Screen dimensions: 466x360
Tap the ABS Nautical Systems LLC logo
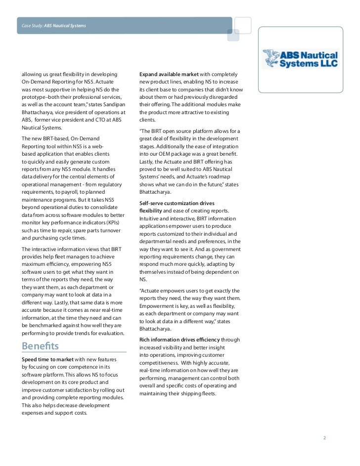[299, 59]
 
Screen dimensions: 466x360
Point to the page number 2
[325, 437]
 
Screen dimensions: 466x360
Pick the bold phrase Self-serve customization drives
[177, 203]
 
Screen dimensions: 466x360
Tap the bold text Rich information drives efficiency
[180, 339]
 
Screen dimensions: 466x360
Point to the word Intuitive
[151, 218]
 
